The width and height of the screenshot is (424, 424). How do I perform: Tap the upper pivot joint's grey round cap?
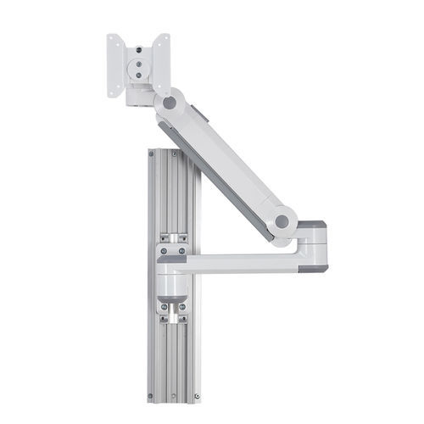click(170, 102)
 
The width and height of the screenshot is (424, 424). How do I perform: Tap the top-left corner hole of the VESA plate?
click(112, 39)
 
